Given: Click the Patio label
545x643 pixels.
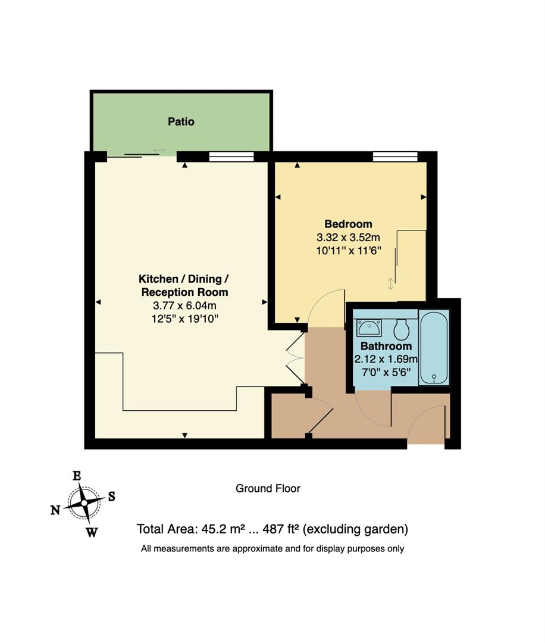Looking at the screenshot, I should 181,121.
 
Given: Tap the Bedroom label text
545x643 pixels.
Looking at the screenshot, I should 348,224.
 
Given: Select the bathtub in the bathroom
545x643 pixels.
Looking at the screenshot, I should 434,347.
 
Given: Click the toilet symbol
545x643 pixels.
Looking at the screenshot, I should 402,328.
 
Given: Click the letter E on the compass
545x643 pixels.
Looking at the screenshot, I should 77,476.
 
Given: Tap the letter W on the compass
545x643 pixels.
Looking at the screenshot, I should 92,532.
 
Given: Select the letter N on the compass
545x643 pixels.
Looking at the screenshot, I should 55,510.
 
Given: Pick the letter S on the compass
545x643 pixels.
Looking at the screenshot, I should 111,496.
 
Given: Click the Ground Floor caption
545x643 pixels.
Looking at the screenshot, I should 268,489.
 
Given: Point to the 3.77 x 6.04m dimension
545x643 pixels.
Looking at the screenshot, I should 184,305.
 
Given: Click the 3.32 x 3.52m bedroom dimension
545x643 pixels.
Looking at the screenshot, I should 348,237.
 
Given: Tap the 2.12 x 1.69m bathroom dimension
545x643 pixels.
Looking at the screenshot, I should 386,359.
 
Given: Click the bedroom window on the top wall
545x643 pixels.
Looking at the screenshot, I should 394,157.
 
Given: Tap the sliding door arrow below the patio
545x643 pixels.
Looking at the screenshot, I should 159,150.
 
